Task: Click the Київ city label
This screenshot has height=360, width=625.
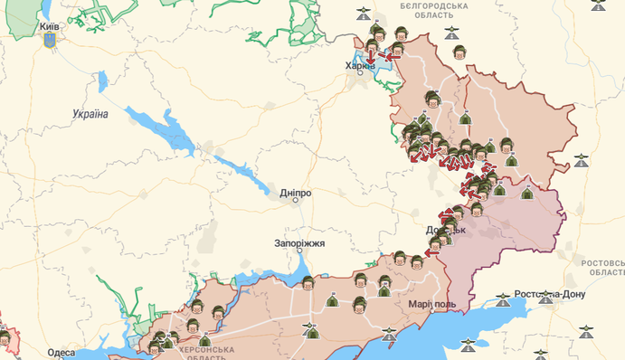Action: coord(49,27)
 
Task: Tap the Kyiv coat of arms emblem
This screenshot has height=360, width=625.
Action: coord(49,41)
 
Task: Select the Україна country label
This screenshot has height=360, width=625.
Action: coord(90,114)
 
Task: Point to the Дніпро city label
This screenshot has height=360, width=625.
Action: coord(296,193)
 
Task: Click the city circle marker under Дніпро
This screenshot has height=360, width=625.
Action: coord(296,201)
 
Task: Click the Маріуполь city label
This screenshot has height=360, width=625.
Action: coord(431,304)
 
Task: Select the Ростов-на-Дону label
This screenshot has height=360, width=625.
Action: coord(549,294)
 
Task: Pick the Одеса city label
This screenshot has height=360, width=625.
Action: coord(62,353)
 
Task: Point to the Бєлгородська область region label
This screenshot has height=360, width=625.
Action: coord(434,11)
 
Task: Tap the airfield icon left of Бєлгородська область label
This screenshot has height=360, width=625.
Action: coord(364,14)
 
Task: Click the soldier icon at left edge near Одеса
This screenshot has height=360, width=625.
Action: coord(6,339)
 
